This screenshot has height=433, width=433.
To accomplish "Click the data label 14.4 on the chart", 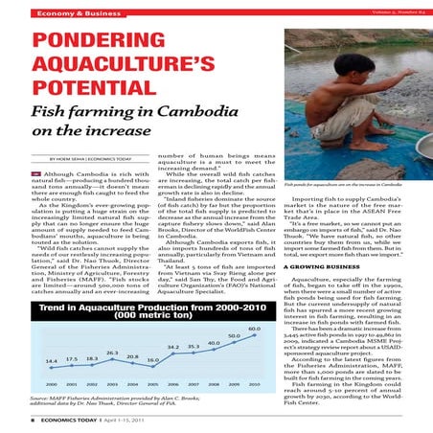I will (x=51, y=360).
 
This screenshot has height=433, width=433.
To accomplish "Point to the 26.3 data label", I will (x=112, y=353).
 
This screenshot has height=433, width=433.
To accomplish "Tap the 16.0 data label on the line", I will (x=151, y=360).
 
